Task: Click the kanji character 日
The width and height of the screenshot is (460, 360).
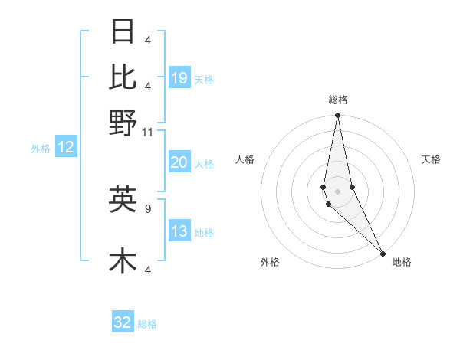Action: (x=123, y=32)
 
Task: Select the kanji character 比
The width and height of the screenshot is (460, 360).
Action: (x=123, y=76)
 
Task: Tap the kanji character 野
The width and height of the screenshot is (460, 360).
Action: (x=123, y=123)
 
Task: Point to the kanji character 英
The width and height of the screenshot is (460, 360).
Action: (x=123, y=198)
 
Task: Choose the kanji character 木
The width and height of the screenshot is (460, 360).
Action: (x=123, y=260)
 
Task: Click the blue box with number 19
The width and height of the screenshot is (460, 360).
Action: (x=179, y=77)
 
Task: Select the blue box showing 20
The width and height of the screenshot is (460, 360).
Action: (x=179, y=162)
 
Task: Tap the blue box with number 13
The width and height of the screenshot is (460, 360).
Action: (x=179, y=232)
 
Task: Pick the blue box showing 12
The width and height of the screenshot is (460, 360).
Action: (x=66, y=147)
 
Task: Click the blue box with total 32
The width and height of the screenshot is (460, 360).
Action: (x=123, y=322)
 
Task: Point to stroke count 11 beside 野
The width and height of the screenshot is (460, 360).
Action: (x=148, y=133)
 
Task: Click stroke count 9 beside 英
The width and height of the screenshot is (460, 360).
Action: (x=148, y=207)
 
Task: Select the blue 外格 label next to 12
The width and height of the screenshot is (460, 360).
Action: (x=41, y=148)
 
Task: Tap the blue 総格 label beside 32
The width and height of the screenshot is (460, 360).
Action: (x=147, y=324)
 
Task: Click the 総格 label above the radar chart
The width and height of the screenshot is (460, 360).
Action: (x=338, y=100)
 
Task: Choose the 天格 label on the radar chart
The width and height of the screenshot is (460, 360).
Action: (x=431, y=159)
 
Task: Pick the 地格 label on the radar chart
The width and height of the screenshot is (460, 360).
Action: (x=402, y=262)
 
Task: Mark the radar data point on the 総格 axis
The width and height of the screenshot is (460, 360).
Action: (x=338, y=116)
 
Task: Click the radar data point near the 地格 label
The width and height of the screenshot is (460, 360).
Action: (x=383, y=253)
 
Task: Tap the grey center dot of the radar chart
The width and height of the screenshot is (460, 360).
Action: (x=338, y=191)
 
